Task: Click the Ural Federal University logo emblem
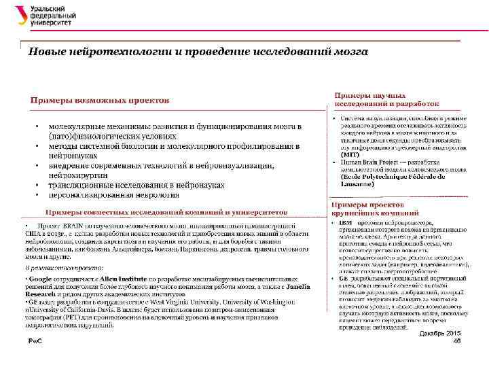(20, 16)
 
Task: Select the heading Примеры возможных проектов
(99, 101)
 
